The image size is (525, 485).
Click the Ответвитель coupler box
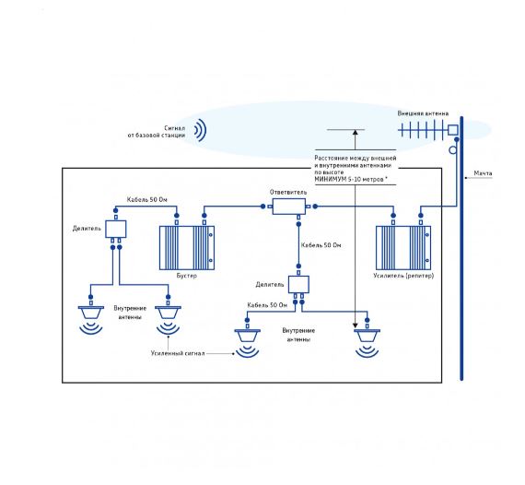(289, 207)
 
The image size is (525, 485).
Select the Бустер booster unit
(187, 248)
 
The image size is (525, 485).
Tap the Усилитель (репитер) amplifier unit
(403, 248)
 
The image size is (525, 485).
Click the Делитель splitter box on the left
(116, 229)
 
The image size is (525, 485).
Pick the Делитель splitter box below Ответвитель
(298, 284)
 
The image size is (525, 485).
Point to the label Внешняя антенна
(423, 113)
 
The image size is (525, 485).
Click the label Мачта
(483, 173)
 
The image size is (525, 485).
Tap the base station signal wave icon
(200, 130)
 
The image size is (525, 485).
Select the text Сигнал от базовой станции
(157, 132)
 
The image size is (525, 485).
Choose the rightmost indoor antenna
(367, 343)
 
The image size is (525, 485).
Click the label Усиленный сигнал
(178, 353)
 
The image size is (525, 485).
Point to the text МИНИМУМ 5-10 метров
(351, 180)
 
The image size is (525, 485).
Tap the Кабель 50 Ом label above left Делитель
(146, 200)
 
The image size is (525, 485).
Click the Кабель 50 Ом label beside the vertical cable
(321, 245)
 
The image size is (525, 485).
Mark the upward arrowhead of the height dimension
(356, 133)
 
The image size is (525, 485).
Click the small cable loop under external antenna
(452, 149)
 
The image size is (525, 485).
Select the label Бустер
(186, 276)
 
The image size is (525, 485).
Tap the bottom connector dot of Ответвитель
(298, 224)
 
